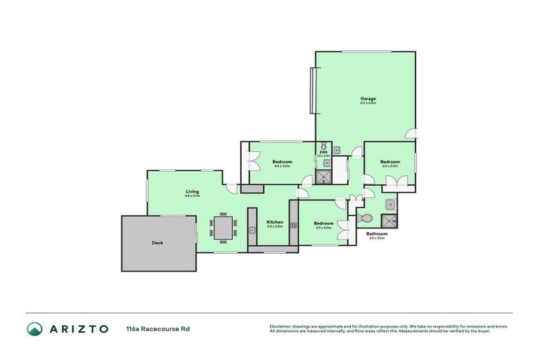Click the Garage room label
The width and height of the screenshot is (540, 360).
[x=368, y=98]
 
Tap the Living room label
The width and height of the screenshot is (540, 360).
[x=192, y=191]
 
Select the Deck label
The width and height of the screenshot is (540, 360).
[x=157, y=243]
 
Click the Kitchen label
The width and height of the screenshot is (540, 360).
[x=274, y=222]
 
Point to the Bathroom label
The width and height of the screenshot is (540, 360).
[x=377, y=233]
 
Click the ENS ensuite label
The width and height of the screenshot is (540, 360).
[x=323, y=152]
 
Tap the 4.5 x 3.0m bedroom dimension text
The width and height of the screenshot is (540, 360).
[x=281, y=167]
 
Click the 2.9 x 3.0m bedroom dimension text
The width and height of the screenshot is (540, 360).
[x=323, y=227]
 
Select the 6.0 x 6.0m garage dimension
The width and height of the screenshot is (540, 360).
[x=368, y=103]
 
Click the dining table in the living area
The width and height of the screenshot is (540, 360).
[x=223, y=227]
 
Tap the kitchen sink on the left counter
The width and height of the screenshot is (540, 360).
[x=252, y=229]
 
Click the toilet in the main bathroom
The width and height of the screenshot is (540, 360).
[x=364, y=219]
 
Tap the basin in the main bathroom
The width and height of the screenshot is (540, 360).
[x=391, y=205]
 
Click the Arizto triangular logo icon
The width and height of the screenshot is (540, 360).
[x=34, y=328]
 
